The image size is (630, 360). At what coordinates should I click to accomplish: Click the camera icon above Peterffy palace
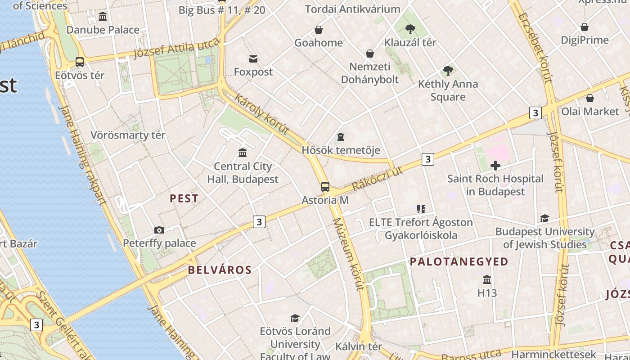tap(159, 230)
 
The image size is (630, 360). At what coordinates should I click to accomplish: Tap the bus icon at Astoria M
tap(325, 186)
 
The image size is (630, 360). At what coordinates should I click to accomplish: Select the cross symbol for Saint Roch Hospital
tap(495, 166)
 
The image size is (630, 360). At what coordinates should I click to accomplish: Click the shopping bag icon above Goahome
tap(319, 30)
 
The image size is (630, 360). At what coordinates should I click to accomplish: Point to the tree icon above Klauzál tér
tap(410, 29)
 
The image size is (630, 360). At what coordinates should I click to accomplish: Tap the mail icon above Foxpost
tap(253, 58)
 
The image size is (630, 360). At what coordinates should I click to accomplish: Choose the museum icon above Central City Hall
tap(243, 153)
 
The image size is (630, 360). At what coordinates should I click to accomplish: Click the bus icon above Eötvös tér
tap(80, 62)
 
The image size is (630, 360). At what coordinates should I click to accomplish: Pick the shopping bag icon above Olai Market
tap(590, 98)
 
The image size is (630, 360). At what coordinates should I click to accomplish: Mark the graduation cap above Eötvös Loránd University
tap(295, 318)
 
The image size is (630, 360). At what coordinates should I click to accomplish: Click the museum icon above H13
tap(487, 280)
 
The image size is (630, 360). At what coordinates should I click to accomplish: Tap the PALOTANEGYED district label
tap(459, 261)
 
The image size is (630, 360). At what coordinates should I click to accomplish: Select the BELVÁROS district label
tap(220, 270)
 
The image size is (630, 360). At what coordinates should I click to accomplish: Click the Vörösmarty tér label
tap(128, 135)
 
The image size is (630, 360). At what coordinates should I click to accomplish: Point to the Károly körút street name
tap(261, 114)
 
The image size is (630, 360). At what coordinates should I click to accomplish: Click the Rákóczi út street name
tap(377, 179)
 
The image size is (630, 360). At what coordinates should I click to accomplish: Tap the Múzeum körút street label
tap(348, 254)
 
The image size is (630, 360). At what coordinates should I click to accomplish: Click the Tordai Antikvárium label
tap(352, 9)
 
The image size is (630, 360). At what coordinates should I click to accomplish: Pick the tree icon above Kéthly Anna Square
tap(448, 70)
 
